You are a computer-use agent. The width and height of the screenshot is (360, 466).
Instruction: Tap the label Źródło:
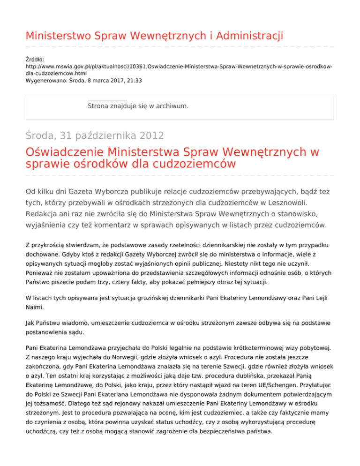(35, 60)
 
